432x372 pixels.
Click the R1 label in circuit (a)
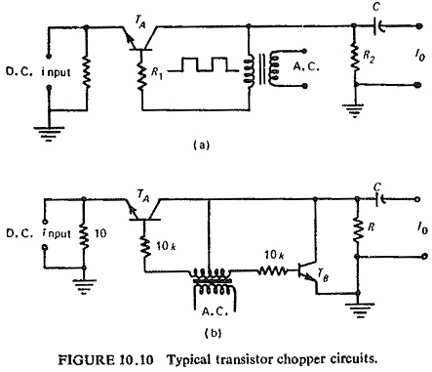[157, 73]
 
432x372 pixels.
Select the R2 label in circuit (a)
[369, 57]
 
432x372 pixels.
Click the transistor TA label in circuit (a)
[139, 22]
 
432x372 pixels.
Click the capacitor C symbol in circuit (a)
[378, 26]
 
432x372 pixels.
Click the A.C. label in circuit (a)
[306, 66]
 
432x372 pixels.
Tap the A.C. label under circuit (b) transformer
[215, 311]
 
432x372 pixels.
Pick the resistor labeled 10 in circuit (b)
[84, 234]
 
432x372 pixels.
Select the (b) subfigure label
[214, 333]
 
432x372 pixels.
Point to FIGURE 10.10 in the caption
[105, 359]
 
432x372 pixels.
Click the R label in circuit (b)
[372, 227]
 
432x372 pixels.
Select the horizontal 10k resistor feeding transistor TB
[273, 270]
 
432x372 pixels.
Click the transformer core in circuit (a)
[262, 69]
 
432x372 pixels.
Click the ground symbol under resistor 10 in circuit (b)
[84, 286]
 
